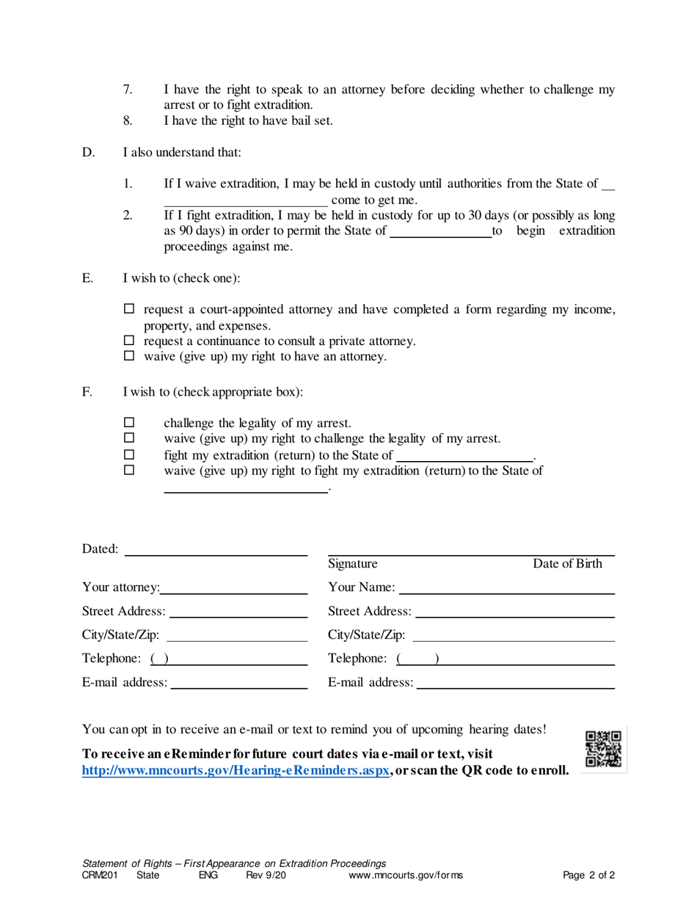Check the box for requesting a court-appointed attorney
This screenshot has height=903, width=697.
pos(129,310)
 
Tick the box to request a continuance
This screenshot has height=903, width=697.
pos(129,341)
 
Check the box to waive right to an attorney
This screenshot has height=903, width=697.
pos(129,356)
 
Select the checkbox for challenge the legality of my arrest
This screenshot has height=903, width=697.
pos(129,423)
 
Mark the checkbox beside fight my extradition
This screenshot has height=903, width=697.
pos(129,454)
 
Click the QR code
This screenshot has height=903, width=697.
pos(603,750)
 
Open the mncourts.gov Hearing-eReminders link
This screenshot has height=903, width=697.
pos(235,770)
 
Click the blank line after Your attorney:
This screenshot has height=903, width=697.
pos(233,589)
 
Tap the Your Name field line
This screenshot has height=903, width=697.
pos(506,589)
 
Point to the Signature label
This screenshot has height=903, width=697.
pos(353,564)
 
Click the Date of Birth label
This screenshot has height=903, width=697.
pos(567,564)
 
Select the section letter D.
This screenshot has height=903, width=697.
pos(88,153)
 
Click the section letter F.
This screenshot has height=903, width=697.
pos(87,392)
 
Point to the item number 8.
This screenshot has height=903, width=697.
pos(128,121)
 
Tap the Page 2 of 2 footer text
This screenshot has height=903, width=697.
pos(588,874)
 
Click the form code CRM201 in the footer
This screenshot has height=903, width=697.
pos(100,874)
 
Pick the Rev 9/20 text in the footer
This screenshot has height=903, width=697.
pos(265,874)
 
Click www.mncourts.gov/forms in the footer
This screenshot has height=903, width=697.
pos(406,874)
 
